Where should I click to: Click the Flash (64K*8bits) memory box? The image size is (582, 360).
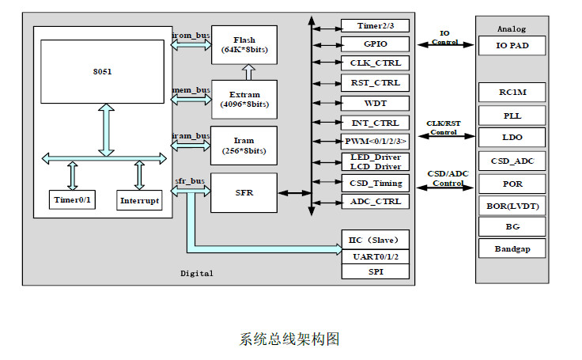point(244,44)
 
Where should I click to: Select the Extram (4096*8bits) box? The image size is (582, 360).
point(244,99)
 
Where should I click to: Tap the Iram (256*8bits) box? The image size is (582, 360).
point(244,146)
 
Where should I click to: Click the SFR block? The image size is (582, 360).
point(244,192)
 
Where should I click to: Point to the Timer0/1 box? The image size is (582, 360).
point(72,201)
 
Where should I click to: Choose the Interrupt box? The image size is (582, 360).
point(139,201)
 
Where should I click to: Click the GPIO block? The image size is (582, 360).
point(375,44)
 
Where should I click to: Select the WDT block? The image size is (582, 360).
point(375,103)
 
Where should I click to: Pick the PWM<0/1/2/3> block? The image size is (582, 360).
point(375,142)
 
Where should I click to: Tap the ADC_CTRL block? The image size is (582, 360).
point(375,202)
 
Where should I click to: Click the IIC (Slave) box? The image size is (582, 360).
point(375,240)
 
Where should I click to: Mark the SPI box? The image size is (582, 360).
point(375,271)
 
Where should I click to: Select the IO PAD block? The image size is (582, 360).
point(512,46)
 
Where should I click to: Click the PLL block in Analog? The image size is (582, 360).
point(512,116)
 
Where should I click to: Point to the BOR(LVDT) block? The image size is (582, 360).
point(512,206)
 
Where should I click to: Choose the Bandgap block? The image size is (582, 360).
point(512,249)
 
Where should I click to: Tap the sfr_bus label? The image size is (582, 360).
point(190,182)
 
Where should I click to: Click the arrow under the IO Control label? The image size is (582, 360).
point(444,45)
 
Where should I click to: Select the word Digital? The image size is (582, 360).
point(197,273)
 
